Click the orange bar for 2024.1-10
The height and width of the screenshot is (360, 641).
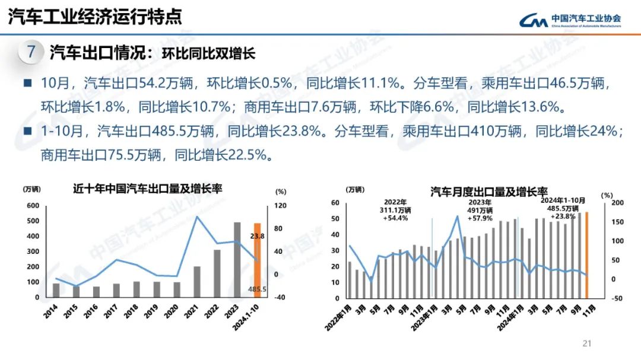(x=257, y=261)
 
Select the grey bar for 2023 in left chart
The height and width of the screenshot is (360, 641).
(x=237, y=260)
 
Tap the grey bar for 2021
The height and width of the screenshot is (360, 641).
(x=197, y=282)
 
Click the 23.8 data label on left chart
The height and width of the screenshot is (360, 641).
(x=257, y=236)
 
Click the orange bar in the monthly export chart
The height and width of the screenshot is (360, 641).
(x=587, y=255)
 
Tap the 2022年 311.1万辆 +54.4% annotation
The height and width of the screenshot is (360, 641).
(x=395, y=211)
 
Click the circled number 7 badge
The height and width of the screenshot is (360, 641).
(x=30, y=52)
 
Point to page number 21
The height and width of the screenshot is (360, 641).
(x=588, y=343)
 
